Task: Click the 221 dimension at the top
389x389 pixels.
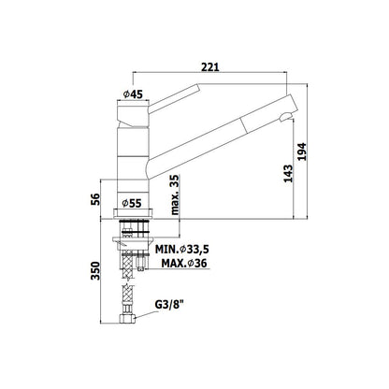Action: point(210,67)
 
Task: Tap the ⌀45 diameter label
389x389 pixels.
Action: point(133,94)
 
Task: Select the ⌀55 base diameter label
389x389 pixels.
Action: point(132,204)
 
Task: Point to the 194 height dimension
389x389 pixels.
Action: point(302,151)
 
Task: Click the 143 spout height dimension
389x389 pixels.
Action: point(288,173)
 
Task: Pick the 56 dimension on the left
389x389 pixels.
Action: point(95,199)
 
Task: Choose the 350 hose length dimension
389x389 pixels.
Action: point(95,270)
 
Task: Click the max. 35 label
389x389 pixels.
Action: point(175,194)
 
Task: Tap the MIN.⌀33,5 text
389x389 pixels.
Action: point(182,250)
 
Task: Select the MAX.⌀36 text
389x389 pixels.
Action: point(184,264)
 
